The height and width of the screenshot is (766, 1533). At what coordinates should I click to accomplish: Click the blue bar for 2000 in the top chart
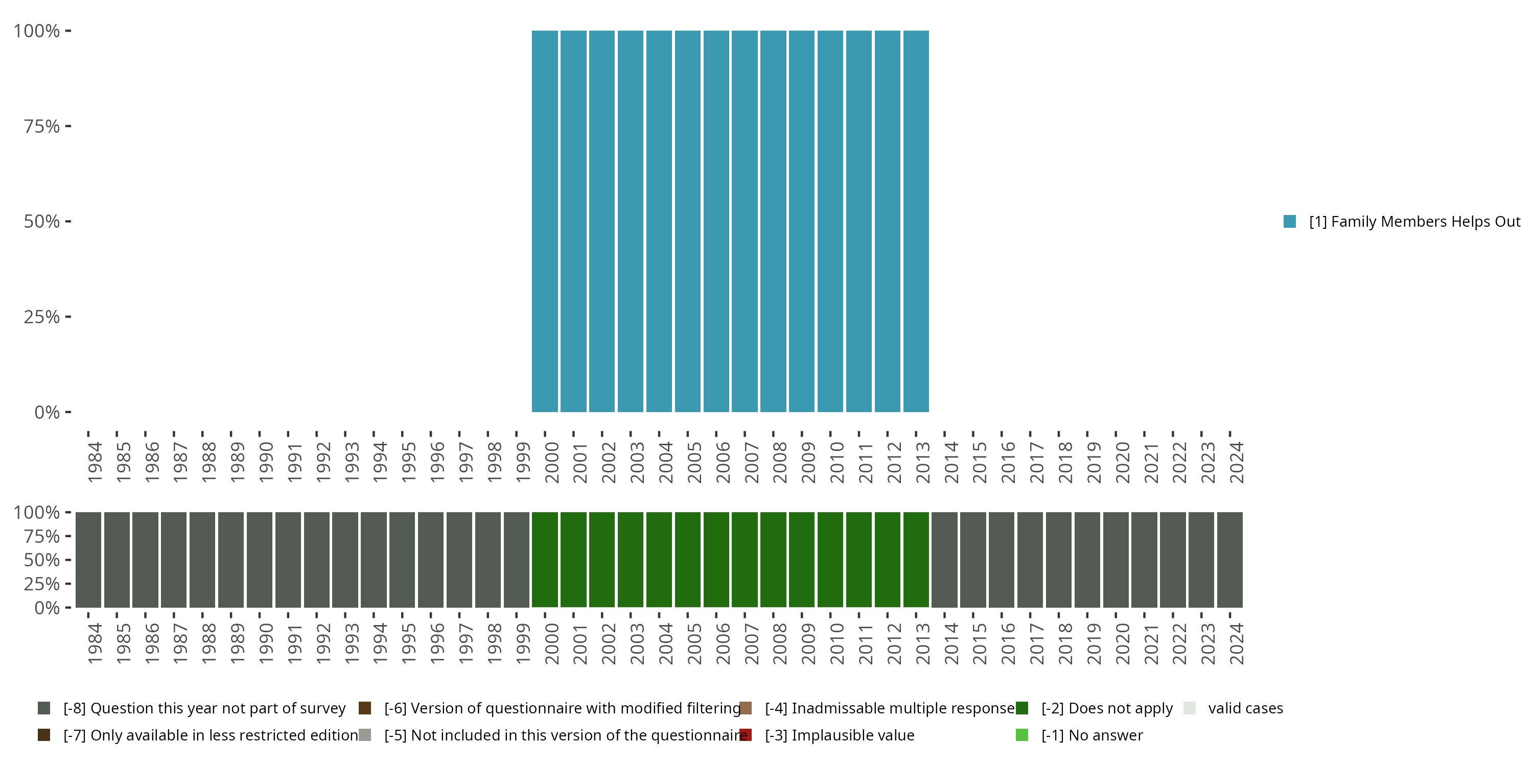pos(545,221)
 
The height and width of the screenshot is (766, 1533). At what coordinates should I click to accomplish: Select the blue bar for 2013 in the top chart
pos(916,221)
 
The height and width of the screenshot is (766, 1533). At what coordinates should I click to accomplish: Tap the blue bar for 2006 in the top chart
pos(716,221)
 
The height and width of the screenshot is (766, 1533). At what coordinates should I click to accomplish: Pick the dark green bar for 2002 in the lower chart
pos(601,560)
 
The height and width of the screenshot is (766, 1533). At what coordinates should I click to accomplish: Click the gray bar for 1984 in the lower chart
pos(88,560)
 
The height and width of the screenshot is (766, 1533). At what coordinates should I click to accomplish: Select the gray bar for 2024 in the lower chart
pos(1229,560)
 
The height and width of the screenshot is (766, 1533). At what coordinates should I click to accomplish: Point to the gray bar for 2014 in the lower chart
pos(944,560)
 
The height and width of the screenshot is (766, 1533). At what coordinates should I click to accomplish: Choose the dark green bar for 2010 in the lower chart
pos(830,560)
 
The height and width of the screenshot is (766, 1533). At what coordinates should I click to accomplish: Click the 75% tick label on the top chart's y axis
pos(42,126)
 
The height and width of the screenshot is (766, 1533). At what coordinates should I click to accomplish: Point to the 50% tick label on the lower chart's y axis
pos(42,560)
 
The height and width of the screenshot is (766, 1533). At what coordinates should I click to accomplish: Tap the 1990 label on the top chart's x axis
pos(265,462)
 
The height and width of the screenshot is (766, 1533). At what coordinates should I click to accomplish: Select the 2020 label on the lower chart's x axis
pos(1122,643)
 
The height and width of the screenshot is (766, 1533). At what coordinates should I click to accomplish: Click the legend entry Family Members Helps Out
pos(1414,222)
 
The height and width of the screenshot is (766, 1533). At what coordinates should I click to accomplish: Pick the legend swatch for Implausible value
pos(746,735)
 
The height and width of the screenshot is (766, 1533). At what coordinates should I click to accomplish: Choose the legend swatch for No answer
pos(1022,735)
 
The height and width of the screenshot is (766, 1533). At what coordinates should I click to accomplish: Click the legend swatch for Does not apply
pos(1022,708)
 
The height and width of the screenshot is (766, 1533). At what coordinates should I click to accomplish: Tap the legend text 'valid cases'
pos(1245,708)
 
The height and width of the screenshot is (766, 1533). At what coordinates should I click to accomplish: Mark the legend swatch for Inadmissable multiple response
pos(746,708)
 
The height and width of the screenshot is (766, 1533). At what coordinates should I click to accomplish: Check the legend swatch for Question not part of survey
pos(43,708)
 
